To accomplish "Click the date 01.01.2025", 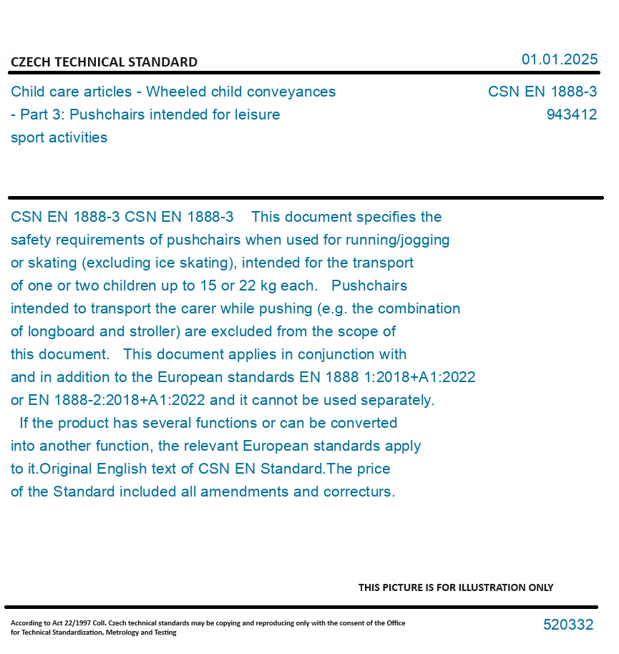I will (559, 59).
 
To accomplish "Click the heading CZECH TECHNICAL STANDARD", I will (104, 62).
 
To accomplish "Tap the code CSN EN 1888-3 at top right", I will (542, 92).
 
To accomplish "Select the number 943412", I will (571, 115).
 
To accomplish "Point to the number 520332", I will (567, 625).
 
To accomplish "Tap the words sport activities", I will (59, 138).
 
